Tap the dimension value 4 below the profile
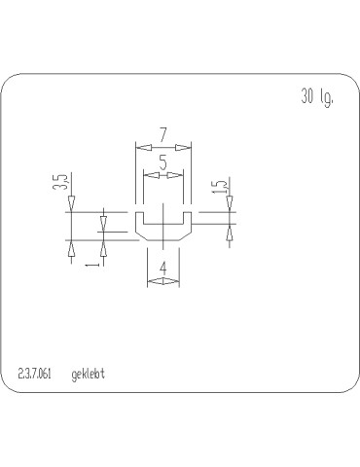tap(162, 267)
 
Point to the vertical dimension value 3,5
tap(59, 182)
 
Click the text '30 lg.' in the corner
tap(317, 98)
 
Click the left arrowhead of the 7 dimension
tap(140, 147)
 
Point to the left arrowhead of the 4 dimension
tap(153, 282)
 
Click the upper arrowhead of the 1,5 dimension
tap(230, 202)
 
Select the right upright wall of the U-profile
tap(187, 222)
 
